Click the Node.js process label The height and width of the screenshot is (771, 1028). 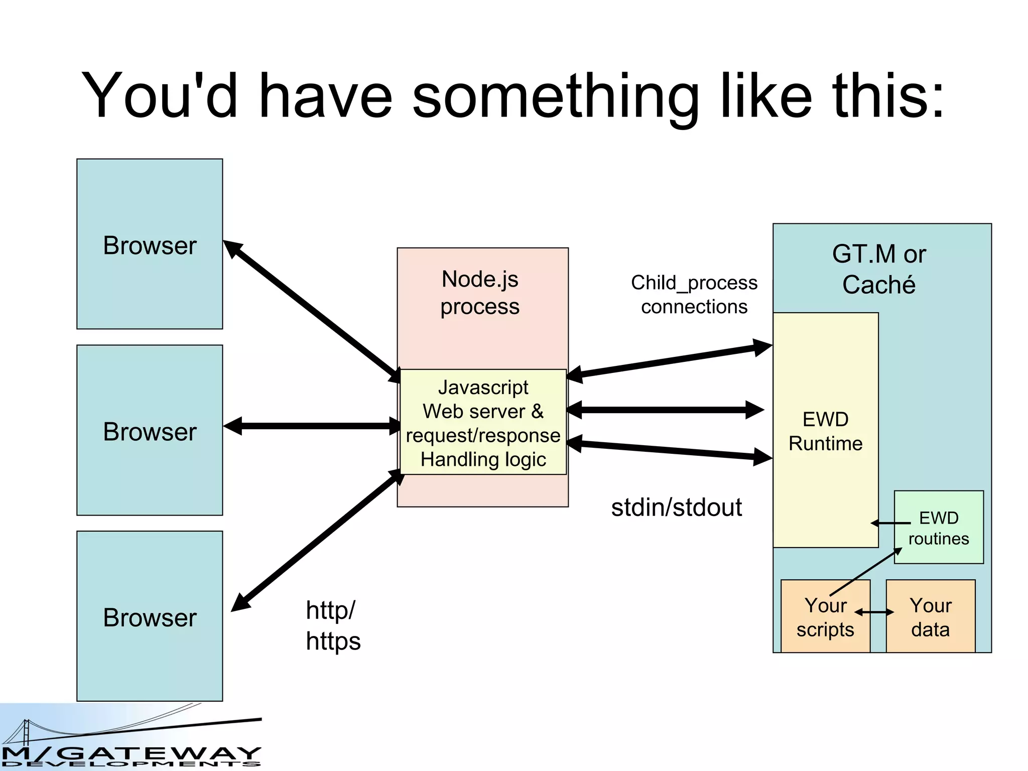(480, 293)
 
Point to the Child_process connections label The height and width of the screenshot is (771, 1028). (694, 295)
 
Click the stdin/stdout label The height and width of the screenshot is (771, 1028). (676, 507)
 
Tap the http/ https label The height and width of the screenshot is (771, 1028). (332, 625)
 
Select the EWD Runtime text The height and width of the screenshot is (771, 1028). (825, 431)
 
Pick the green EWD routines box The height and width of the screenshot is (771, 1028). (939, 528)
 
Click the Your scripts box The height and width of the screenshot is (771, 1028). (825, 617)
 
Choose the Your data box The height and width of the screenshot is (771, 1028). (930, 617)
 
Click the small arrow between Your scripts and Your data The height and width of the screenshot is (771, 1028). (874, 612)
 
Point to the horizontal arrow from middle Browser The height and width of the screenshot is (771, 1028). (311, 426)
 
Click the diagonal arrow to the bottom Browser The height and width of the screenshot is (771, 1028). (316, 541)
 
